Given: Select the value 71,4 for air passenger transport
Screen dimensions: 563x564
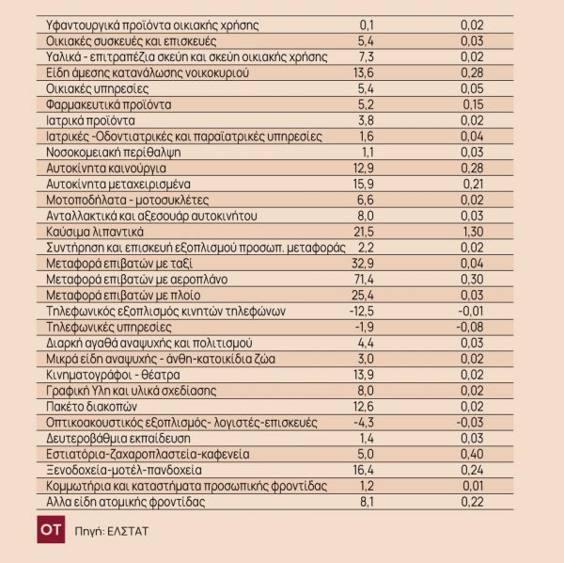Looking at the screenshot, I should [361, 280].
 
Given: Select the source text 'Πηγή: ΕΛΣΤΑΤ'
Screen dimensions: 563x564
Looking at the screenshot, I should [112, 531].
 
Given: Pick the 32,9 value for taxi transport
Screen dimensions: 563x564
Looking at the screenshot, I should [361, 264].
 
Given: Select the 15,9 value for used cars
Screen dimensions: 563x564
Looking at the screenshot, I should [361, 183].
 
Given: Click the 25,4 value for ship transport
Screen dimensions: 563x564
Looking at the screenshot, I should [361, 295].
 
